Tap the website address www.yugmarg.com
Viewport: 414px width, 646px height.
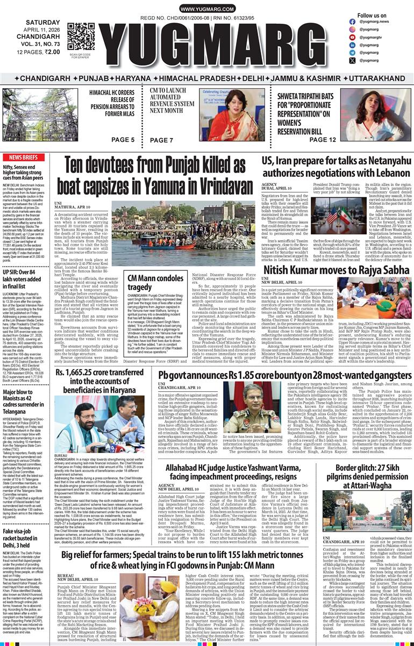click(207, 10)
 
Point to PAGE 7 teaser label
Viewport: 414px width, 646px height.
click(161, 140)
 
